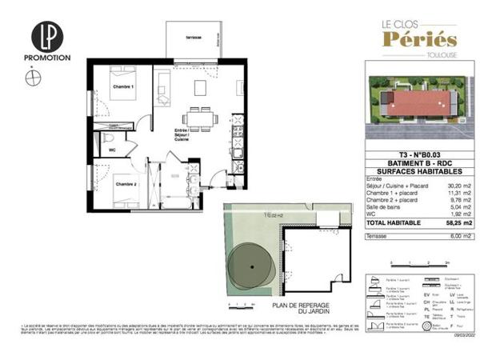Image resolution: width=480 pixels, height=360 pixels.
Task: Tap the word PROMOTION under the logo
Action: coord(50,58)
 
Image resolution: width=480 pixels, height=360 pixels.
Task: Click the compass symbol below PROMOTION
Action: coord(32,78)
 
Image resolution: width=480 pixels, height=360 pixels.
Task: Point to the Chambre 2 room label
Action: coord(126,184)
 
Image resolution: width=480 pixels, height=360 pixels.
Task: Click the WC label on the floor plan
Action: coord(112,149)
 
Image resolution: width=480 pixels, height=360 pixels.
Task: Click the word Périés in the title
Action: coord(419,39)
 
